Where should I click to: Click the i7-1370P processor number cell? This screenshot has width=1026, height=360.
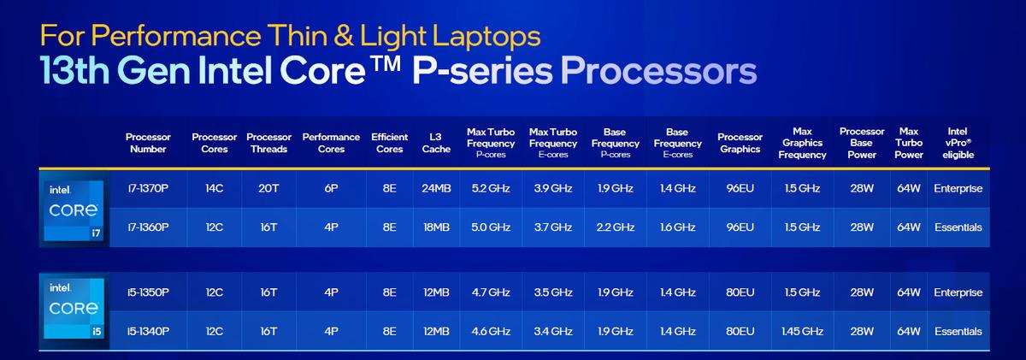click(148, 188)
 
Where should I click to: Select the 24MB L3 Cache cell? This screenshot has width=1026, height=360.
click(436, 188)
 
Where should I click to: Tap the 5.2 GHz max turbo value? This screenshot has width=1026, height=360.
click(491, 188)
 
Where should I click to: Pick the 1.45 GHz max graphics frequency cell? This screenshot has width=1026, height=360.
click(802, 331)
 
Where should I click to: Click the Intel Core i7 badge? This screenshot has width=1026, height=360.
click(74, 210)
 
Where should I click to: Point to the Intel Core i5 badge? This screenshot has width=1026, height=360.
click(74, 308)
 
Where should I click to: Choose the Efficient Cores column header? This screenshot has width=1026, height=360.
click(389, 143)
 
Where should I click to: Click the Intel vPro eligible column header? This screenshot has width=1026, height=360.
click(958, 143)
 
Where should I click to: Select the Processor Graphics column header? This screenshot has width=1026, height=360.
click(740, 143)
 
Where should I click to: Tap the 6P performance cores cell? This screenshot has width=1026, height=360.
click(331, 188)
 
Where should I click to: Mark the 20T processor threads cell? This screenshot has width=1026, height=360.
click(268, 188)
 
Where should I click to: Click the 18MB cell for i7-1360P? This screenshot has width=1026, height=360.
click(436, 227)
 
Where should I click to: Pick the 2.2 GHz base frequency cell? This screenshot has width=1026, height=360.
click(615, 227)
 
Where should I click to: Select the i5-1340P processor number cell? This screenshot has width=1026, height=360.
click(148, 331)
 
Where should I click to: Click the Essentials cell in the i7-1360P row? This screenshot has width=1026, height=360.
click(958, 227)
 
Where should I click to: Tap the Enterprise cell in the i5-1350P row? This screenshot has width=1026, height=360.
click(958, 292)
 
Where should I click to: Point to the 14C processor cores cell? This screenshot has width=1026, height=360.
click(215, 188)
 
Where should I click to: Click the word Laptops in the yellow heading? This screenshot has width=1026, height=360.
click(486, 36)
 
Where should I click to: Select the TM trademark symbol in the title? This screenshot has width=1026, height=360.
click(386, 63)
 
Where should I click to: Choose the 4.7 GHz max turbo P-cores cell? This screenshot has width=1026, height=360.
click(491, 292)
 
